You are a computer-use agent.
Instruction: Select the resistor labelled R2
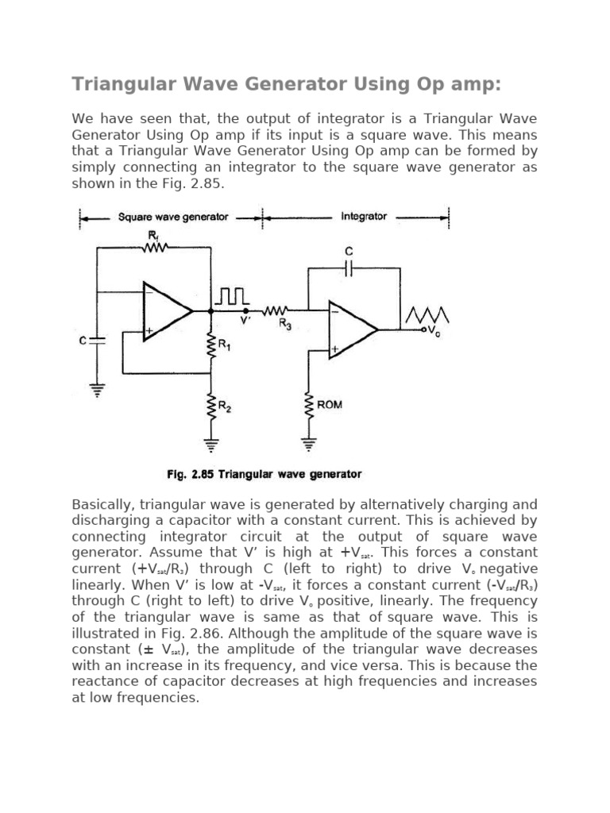[211, 408]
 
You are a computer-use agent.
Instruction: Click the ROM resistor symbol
[307, 406]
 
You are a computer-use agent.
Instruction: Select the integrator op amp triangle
[353, 328]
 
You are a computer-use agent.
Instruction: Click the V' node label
[246, 322]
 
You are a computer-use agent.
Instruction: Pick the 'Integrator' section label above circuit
[364, 216]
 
